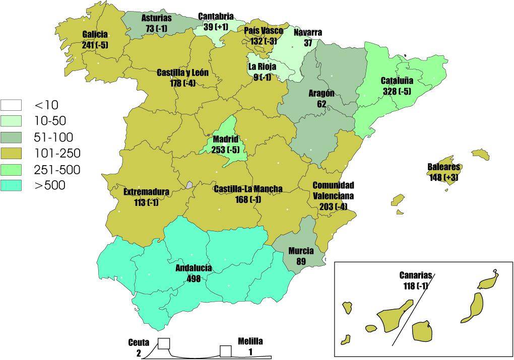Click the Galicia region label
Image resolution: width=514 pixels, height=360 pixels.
coord(95,35)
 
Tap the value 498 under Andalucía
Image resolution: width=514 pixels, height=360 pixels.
coord(193,278)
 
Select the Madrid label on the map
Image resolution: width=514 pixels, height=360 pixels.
coord(225,138)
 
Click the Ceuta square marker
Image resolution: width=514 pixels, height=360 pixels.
coord(163,343)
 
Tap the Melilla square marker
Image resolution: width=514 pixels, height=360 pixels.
coord(225,351)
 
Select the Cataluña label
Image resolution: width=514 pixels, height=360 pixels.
coord(397,81)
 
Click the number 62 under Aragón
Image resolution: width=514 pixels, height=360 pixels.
coord(322,104)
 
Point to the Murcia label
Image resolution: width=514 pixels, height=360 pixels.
coord(301,251)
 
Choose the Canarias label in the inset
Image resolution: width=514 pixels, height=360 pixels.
coord(416,276)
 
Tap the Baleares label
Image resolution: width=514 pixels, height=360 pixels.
coord(444,168)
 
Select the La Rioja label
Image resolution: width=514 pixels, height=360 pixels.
coord(262,67)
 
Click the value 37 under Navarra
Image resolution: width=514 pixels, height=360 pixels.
coord(308,43)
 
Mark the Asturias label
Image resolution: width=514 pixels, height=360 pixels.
coord(156,18)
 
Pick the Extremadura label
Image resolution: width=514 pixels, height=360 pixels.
coord(146,192)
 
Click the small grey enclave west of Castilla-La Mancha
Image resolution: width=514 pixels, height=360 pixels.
coord(189,185)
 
